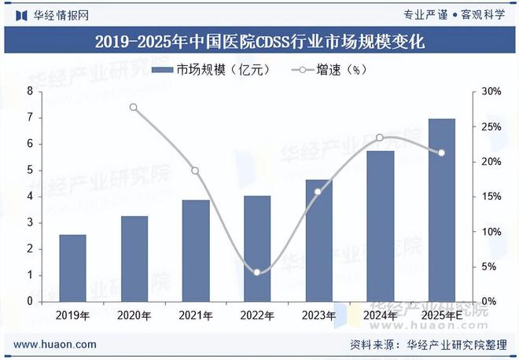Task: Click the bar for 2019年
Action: tap(73, 267)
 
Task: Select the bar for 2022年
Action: tap(257, 248)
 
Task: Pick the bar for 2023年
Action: tap(318, 240)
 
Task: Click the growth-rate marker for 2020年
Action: tap(134, 108)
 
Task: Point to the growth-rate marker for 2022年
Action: tap(257, 272)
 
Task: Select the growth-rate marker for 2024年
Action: tap(380, 138)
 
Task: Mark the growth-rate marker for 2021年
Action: tap(195, 171)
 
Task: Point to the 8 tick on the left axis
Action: tap(29, 92)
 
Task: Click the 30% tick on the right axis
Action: tap(491, 92)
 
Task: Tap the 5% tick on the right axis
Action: tap(489, 266)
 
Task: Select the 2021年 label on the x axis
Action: tap(195, 315)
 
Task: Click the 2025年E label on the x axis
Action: tap(441, 315)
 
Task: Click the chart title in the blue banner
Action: tap(259, 42)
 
